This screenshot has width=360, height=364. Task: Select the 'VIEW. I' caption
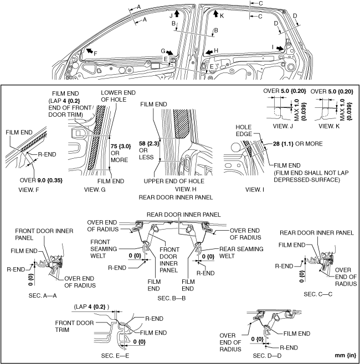258,189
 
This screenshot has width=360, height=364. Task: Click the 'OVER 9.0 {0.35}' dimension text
40,180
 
